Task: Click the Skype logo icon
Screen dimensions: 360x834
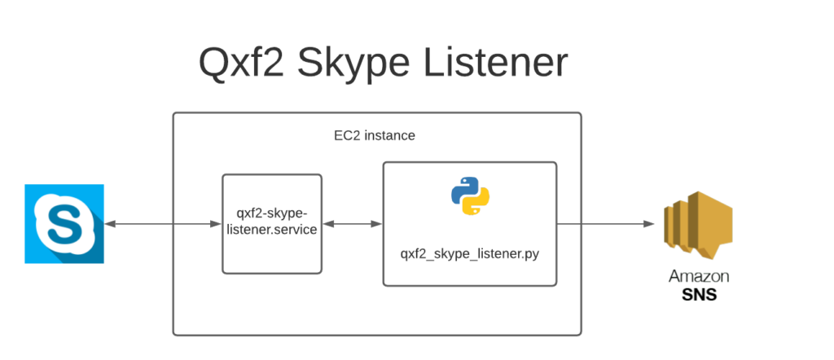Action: pos(64,223)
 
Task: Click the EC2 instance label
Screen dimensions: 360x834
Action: pos(376,135)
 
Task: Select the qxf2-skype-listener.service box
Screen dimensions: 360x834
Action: pos(272,223)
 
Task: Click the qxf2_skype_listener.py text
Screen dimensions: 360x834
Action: pos(470,253)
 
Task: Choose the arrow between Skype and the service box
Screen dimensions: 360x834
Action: pos(163,223)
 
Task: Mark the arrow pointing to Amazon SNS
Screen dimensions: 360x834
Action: pos(607,223)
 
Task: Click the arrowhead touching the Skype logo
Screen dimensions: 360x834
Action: pos(110,223)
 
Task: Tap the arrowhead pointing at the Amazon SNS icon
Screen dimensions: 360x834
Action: pos(651,223)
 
